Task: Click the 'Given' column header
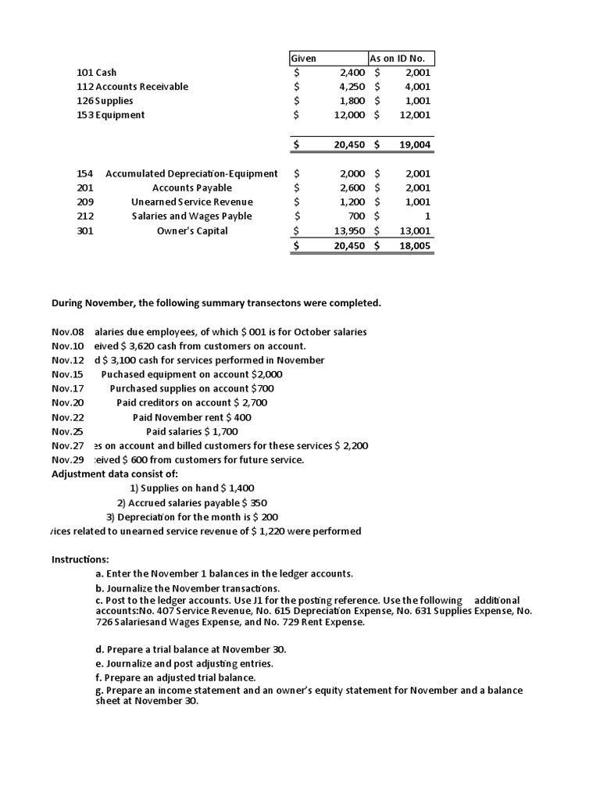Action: [303, 59]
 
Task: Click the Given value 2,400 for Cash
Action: [349, 73]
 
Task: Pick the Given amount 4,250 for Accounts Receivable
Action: [349, 87]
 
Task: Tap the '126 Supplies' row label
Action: [105, 101]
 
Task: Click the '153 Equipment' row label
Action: [110, 115]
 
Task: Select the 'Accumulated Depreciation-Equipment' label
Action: [191, 173]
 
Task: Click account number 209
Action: [85, 202]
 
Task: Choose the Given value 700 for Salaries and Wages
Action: [356, 216]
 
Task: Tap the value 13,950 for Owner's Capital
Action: [347, 230]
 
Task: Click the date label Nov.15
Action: [67, 374]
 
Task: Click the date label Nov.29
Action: [67, 460]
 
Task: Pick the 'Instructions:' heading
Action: [80, 559]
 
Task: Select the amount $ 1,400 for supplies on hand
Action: [237, 488]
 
